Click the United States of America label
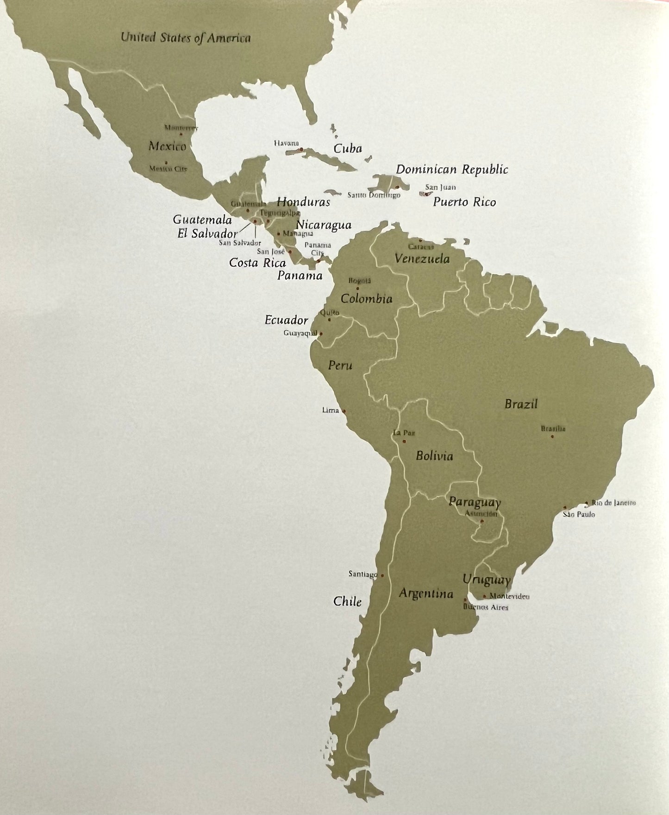point(185,38)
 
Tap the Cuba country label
point(347,149)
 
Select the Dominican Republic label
point(452,170)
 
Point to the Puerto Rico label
point(464,202)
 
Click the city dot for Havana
point(301,149)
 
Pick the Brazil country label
point(521,404)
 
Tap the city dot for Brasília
point(552,436)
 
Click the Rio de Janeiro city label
point(613,503)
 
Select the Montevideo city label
point(509,597)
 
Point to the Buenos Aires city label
point(486,607)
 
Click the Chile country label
point(347,601)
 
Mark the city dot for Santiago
point(382,575)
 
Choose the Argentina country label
point(426,593)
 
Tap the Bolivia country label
point(434,456)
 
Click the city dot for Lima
point(344,411)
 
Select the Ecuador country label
point(286,320)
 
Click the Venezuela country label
point(422,259)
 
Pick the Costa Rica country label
point(257,263)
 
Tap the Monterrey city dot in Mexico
point(181,134)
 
